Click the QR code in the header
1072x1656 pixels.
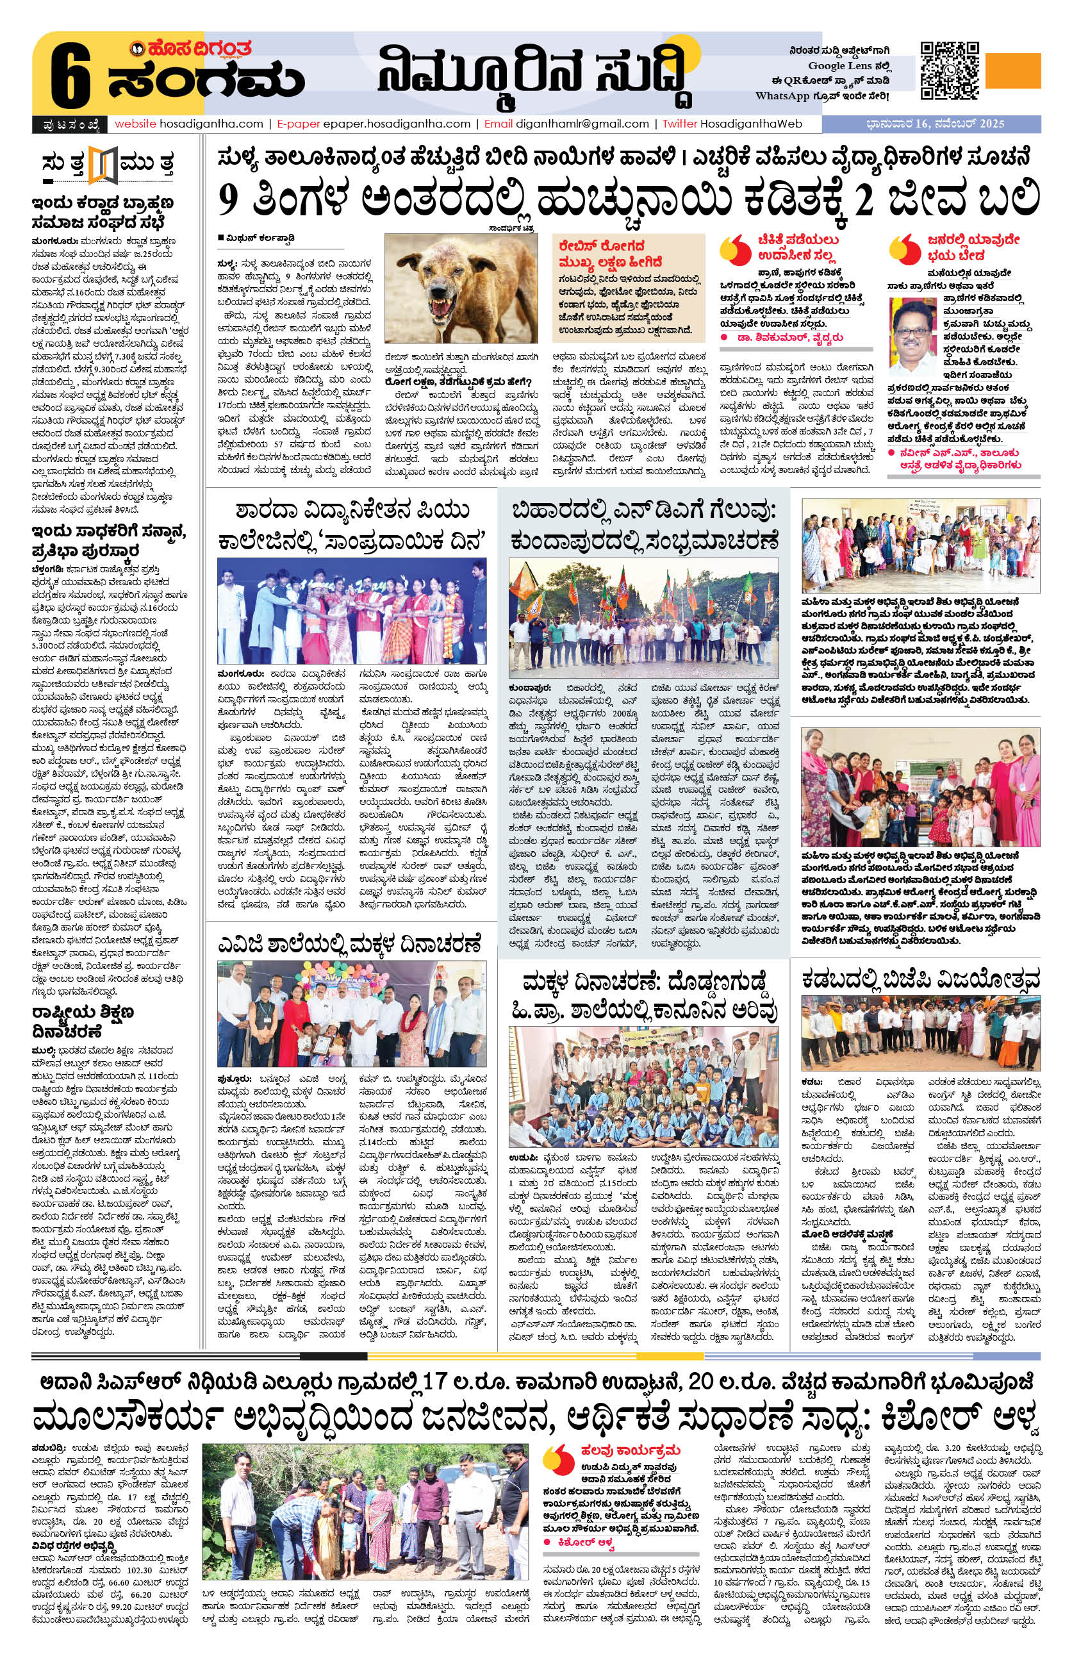coord(949,71)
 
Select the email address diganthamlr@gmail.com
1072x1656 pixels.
coord(582,124)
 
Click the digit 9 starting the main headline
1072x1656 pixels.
coord(229,200)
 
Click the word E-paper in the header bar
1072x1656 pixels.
coord(297,124)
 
